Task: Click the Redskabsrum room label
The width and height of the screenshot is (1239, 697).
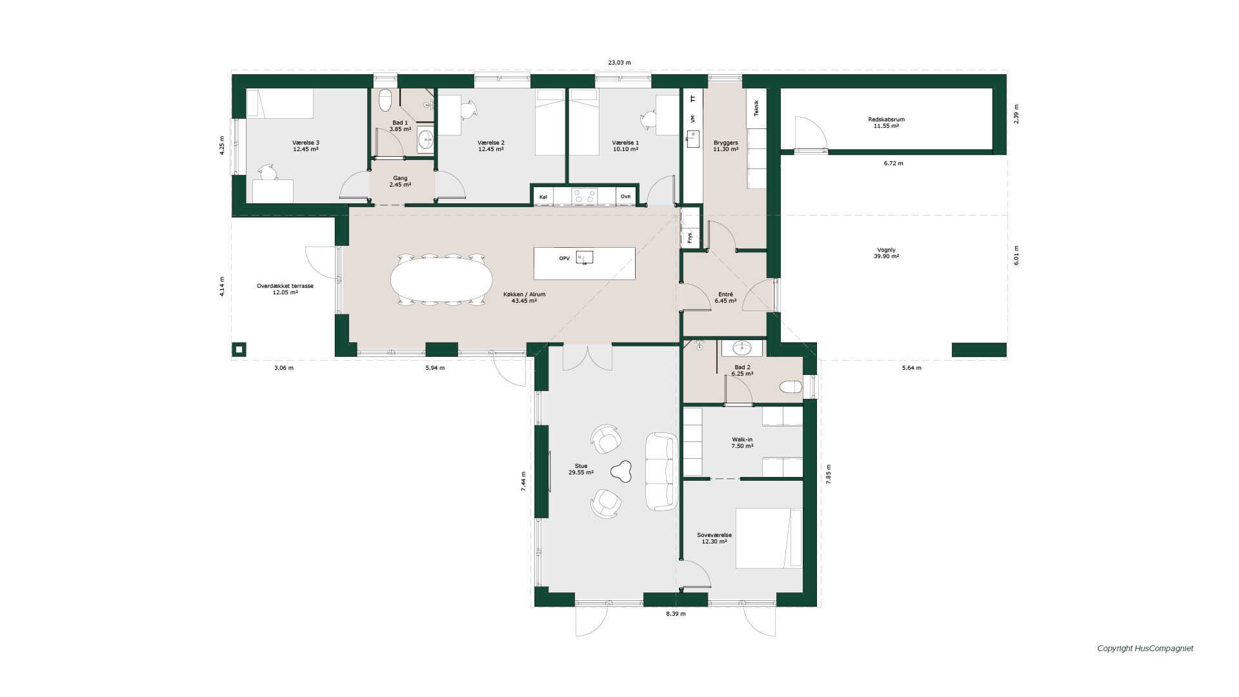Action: [x=886, y=123]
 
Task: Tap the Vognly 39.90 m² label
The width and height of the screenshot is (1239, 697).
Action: [x=886, y=253]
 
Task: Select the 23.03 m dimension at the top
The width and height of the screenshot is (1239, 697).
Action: [x=619, y=63]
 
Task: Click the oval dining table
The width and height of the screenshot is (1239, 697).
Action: [x=441, y=279]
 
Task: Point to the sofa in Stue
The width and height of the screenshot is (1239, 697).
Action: [x=661, y=471]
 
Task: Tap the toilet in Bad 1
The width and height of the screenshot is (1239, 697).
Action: [x=385, y=100]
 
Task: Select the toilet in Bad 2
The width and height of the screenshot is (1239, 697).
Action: [x=791, y=387]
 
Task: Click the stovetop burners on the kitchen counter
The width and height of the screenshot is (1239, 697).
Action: [x=585, y=196]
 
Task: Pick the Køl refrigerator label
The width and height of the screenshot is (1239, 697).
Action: [x=543, y=196]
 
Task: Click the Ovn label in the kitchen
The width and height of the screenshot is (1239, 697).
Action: [x=625, y=196]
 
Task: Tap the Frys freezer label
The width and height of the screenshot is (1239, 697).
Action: [x=690, y=237]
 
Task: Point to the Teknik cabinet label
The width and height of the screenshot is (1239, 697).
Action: [x=756, y=108]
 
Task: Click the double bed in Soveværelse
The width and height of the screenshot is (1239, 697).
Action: [x=769, y=538]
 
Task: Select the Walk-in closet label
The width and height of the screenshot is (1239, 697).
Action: [x=742, y=443]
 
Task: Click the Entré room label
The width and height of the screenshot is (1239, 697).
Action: [x=725, y=298]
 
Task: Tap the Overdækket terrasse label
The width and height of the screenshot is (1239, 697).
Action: [x=285, y=289]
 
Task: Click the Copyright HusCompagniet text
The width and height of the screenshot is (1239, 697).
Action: [x=1145, y=649]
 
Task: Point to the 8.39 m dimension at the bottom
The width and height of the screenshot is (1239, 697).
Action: [x=676, y=614]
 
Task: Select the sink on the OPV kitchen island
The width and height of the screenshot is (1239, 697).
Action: [x=585, y=258]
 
